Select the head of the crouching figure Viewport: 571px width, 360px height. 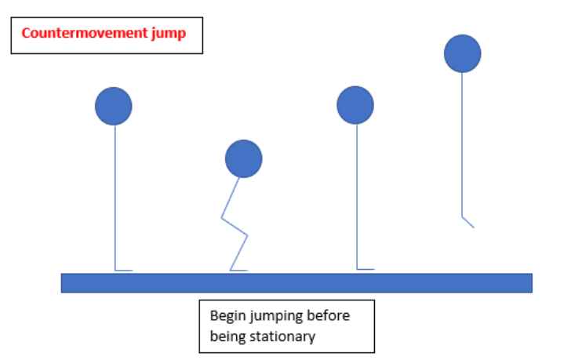(x=243, y=159)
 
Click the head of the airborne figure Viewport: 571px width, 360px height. (x=462, y=54)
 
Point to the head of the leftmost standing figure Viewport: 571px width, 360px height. (x=114, y=106)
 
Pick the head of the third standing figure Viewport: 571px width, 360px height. (x=355, y=105)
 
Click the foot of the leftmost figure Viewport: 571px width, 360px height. (x=124, y=270)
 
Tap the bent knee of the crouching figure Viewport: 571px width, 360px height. (x=247, y=234)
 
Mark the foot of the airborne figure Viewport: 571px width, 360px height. (x=468, y=223)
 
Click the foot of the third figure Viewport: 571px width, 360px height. (x=366, y=269)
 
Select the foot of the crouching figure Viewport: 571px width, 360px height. (x=239, y=270)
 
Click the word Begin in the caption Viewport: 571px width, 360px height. (x=226, y=316)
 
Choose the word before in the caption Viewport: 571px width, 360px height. (x=329, y=316)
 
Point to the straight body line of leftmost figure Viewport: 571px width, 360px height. (x=115, y=196)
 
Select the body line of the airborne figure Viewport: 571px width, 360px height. (x=462, y=141)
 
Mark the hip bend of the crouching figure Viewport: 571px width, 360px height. (x=223, y=216)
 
